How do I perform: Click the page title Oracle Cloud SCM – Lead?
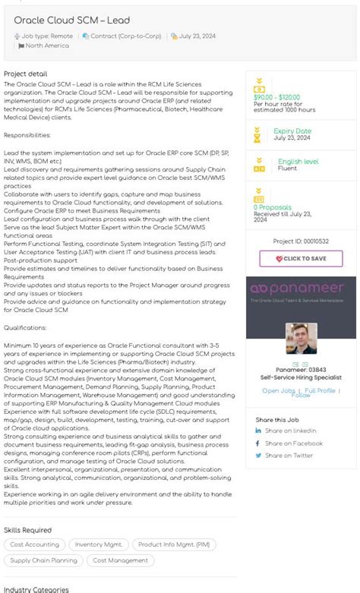click(72, 21)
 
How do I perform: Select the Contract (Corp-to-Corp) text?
click(126, 36)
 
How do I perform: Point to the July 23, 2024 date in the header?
click(197, 36)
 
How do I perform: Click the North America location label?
click(47, 46)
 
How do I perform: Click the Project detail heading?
click(26, 74)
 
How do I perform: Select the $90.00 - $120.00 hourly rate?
click(276, 97)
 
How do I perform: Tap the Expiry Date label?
click(292, 131)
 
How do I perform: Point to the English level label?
click(298, 162)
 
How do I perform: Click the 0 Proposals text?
click(273, 207)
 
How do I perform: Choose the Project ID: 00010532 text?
click(301, 241)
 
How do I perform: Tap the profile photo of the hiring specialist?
click(301, 339)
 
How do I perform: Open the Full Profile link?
click(320, 391)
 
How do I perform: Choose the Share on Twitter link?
click(289, 456)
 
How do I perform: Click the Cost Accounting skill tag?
click(34, 544)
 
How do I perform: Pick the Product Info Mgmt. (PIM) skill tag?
click(174, 544)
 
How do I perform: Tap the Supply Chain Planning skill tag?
click(44, 560)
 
